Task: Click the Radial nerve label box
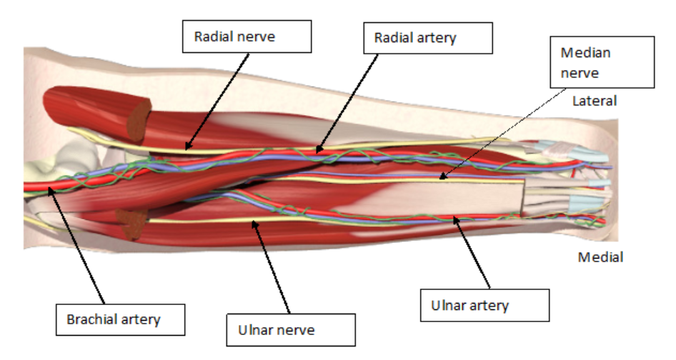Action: pos(247,36)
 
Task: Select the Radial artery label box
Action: pos(427,38)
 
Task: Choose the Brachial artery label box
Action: pos(119,319)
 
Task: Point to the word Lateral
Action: pos(595,101)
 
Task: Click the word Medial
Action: pos(600,257)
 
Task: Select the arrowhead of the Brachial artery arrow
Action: pos(49,188)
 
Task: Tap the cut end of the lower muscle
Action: pos(131,225)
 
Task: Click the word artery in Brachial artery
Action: pos(142,319)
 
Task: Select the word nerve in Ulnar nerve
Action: pos(297,330)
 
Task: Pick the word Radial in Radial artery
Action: pos(393,38)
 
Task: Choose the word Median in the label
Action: pos(586,54)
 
